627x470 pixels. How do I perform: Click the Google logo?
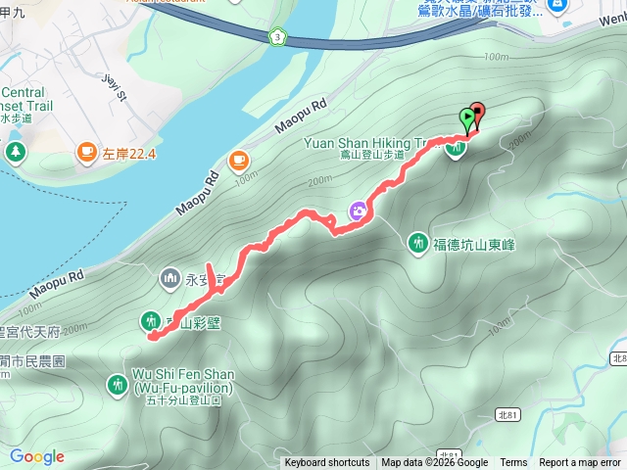coord(36,456)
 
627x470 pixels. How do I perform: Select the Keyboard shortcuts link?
coord(327,463)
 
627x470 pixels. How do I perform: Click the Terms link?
coord(513,463)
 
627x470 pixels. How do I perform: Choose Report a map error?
coord(580,463)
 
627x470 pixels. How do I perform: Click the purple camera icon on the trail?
coord(360,210)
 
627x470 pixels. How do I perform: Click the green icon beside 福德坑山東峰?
coord(418,242)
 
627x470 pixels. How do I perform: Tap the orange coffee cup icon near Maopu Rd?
coord(239,160)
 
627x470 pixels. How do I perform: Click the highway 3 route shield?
coord(278,37)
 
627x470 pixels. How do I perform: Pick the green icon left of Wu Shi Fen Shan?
coord(115,383)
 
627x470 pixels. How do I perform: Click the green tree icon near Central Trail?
coord(15,151)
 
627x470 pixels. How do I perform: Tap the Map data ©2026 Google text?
coord(434,463)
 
